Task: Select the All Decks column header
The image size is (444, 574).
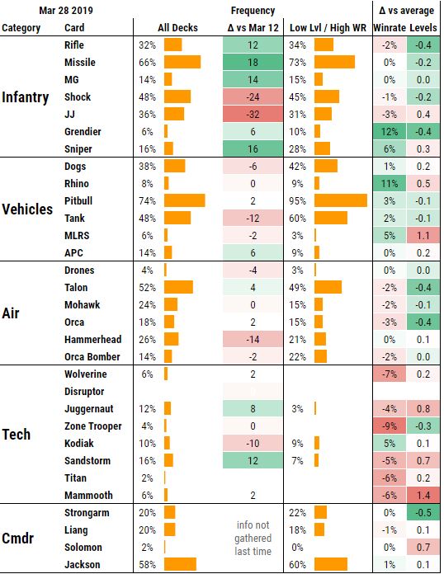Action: coord(178,27)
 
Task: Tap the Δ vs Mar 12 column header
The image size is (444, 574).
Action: coord(253,27)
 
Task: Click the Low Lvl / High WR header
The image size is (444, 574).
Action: coord(328,27)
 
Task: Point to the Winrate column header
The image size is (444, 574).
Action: coord(390,27)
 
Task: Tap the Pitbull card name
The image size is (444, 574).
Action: coord(79,200)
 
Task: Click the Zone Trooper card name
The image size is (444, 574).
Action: coord(92,426)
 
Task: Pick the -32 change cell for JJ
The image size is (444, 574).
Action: coord(253,114)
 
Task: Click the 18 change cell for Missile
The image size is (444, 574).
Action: coord(253,62)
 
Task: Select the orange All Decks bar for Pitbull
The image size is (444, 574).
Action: coord(184,200)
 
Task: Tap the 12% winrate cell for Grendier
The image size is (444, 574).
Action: coord(390,131)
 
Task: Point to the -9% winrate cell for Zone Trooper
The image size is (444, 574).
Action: coord(390,426)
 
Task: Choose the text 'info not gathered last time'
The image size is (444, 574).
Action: coord(253,539)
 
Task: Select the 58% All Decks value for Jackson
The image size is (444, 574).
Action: coord(148,564)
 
